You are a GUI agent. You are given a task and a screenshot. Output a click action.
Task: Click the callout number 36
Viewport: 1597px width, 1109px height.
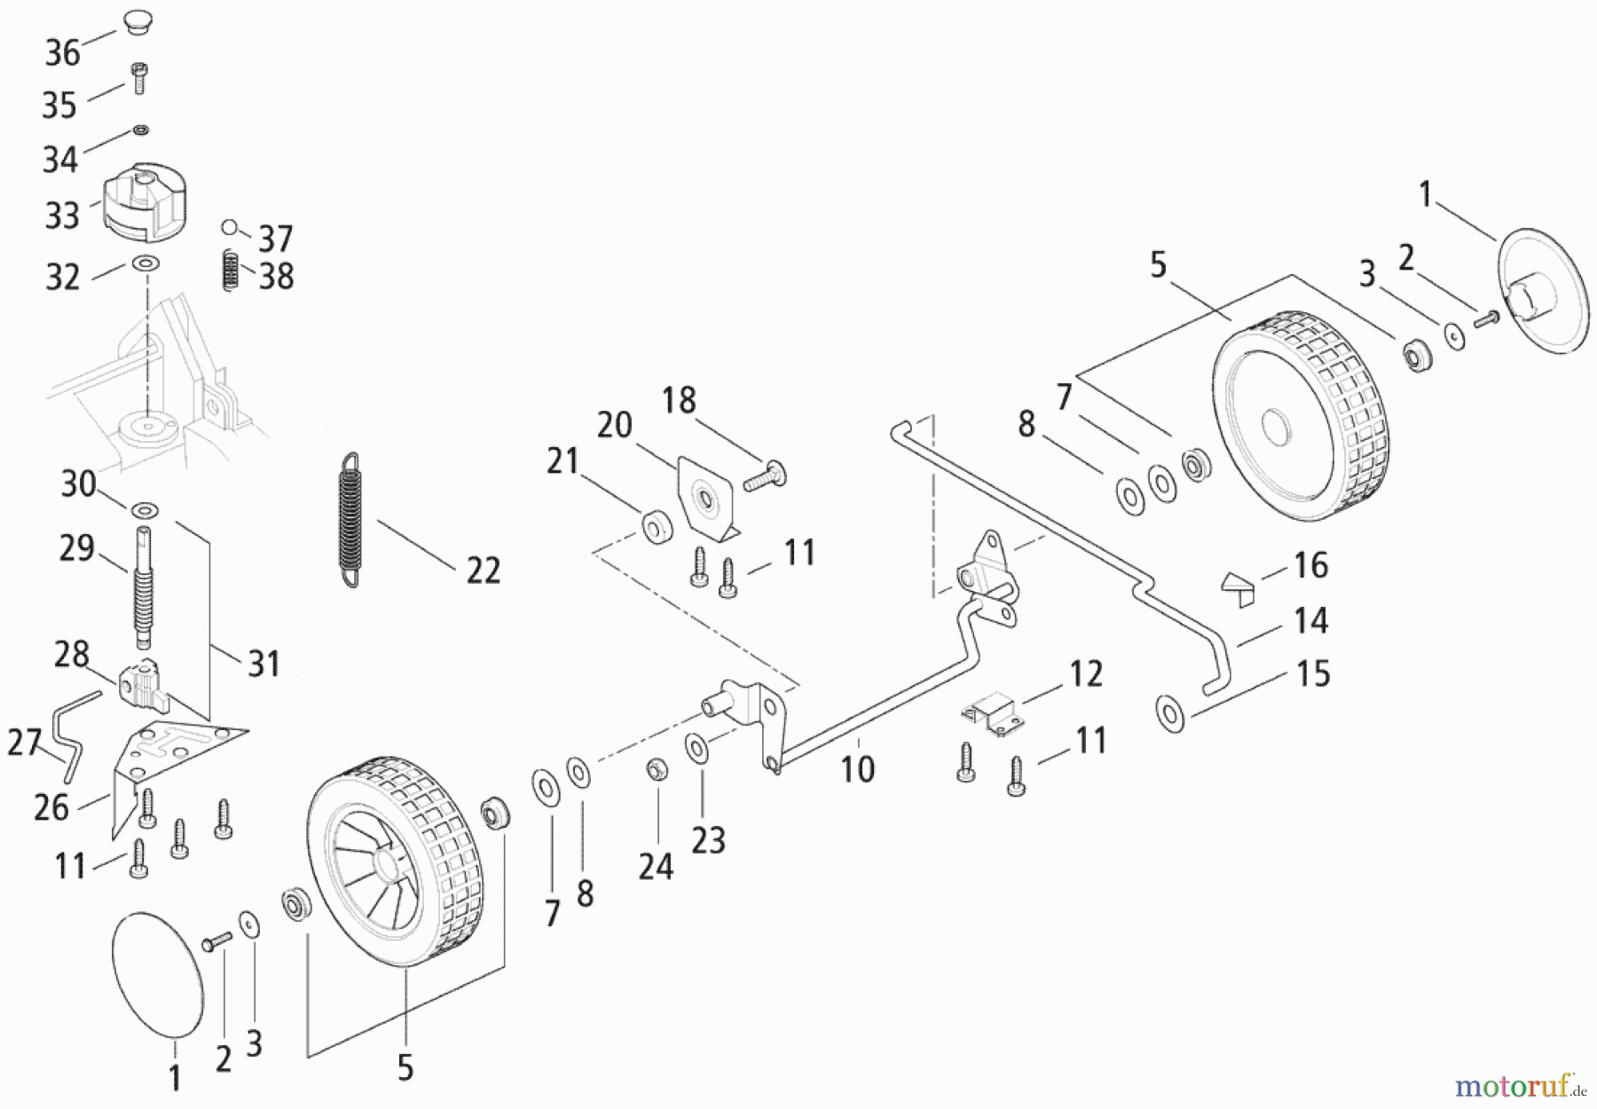(x=63, y=53)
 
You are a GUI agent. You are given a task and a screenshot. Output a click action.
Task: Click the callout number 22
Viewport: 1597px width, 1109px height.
(x=484, y=570)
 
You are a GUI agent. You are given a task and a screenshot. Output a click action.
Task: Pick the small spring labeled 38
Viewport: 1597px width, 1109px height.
(x=230, y=270)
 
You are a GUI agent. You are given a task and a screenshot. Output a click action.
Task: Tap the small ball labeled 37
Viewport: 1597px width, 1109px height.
(x=230, y=228)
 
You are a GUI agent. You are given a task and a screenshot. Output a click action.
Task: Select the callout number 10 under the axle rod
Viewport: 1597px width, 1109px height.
(x=858, y=767)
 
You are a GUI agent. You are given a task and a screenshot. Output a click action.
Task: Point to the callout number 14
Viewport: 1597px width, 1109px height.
(x=1310, y=619)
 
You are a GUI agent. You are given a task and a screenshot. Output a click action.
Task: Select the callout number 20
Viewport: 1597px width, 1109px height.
(x=614, y=425)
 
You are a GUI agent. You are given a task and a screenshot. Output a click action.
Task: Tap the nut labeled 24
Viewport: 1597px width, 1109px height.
(x=656, y=769)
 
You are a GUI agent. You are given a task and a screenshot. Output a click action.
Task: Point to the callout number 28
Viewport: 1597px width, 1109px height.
(x=72, y=656)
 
